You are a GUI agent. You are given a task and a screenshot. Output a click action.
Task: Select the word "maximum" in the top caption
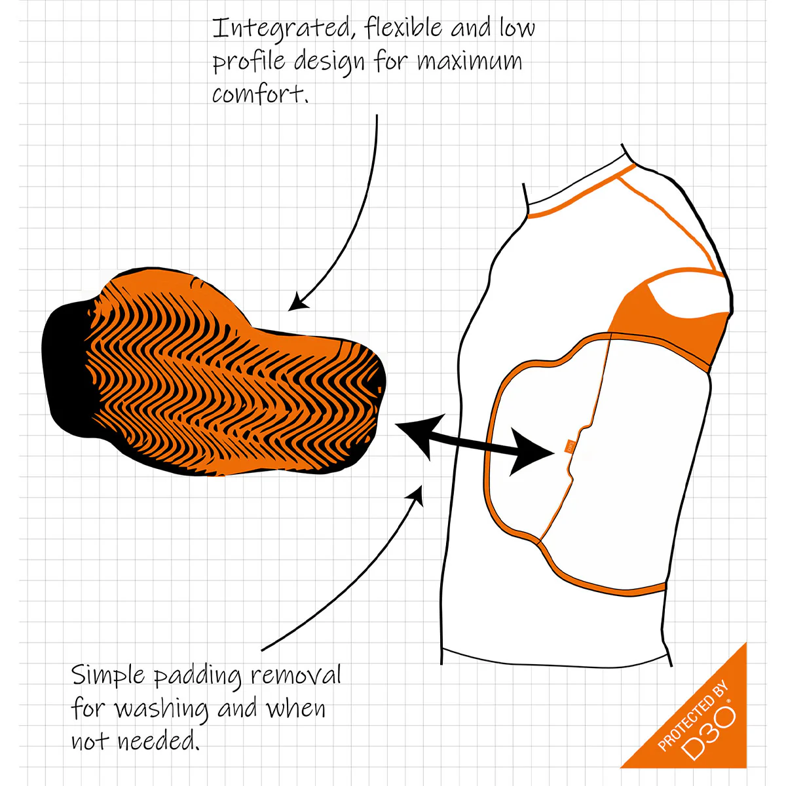click(469, 61)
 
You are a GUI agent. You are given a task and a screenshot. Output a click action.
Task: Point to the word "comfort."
click(260, 93)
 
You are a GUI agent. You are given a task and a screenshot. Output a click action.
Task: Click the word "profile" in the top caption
click(249, 62)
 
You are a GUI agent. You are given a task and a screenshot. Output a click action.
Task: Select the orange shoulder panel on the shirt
click(669, 322)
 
